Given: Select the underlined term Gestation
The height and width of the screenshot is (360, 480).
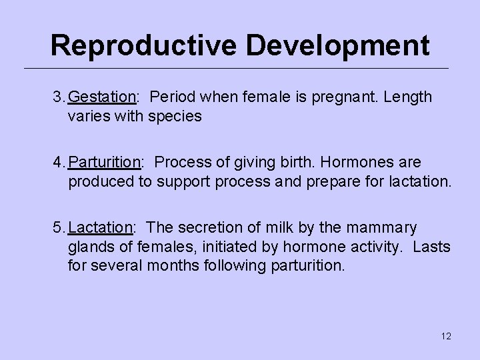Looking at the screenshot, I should click(101, 97).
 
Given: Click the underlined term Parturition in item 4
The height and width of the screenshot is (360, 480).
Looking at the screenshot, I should click(105, 163).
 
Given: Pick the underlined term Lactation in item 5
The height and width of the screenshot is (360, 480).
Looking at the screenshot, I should click(100, 228).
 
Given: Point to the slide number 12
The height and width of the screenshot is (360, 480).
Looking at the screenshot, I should click(446, 336).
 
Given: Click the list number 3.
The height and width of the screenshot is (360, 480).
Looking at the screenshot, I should click(57, 97).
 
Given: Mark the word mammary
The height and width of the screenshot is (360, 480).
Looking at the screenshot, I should click(383, 228).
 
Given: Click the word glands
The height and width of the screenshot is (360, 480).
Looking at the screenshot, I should click(89, 247).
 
